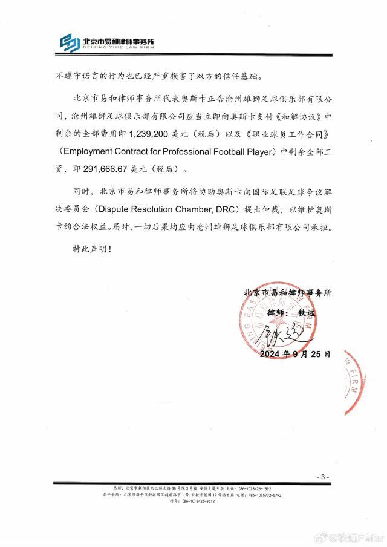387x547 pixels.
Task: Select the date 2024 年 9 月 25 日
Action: [x=296, y=354]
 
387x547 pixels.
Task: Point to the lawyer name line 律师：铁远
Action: [x=291, y=314]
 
